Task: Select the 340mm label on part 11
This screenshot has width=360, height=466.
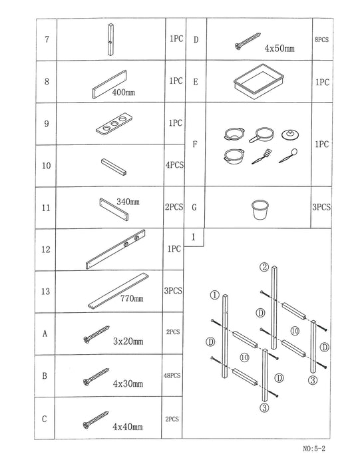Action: (x=128, y=201)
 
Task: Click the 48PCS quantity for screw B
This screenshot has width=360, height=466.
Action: (x=172, y=375)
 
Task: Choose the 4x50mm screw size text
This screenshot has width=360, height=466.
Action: (x=279, y=49)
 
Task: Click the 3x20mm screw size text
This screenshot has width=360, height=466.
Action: (x=128, y=342)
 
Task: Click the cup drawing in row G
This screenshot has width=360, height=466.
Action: (x=260, y=210)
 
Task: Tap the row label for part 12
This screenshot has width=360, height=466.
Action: (x=45, y=250)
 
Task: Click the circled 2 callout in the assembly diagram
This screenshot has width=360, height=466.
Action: (x=264, y=267)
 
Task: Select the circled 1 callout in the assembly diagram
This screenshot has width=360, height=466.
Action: (x=214, y=294)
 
